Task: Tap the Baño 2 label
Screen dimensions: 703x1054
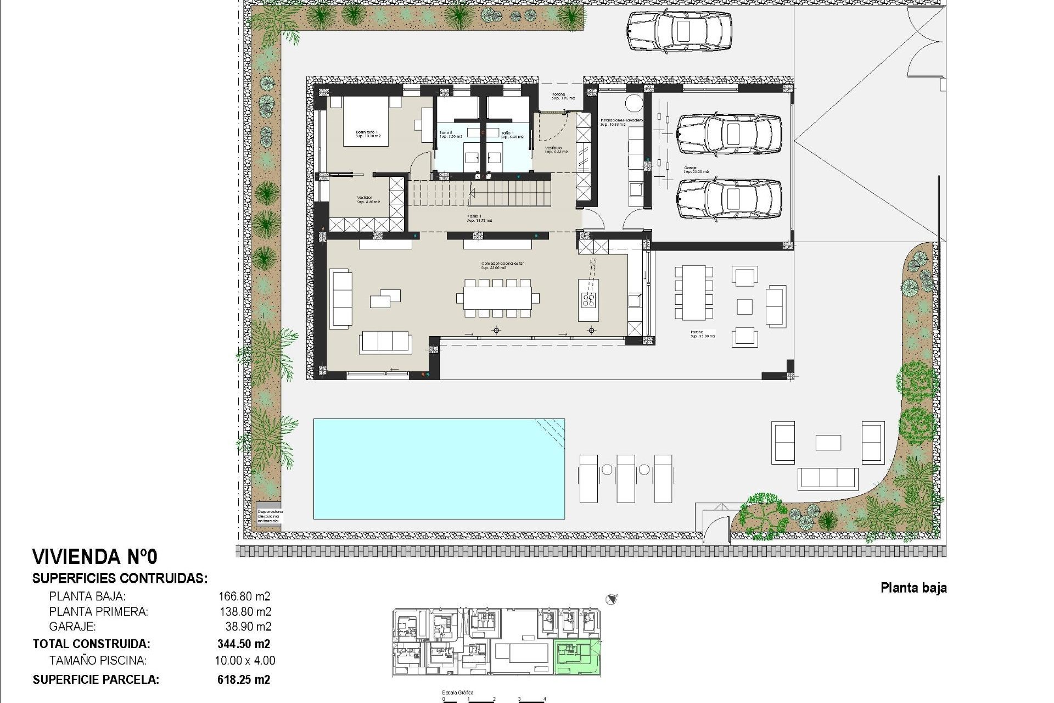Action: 450,135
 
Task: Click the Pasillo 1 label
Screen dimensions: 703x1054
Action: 479,218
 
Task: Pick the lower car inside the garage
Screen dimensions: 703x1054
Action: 729,198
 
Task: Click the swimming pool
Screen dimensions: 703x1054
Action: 439,468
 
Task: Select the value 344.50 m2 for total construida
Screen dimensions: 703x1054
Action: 244,644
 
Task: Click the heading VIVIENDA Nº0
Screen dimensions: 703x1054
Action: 95,557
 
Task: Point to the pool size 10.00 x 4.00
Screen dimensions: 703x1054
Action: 245,661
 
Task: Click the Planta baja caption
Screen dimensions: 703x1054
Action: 913,588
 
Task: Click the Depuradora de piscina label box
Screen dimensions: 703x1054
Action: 269,516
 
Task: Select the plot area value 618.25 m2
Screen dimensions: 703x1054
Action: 244,679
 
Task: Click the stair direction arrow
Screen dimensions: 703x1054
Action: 472,192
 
